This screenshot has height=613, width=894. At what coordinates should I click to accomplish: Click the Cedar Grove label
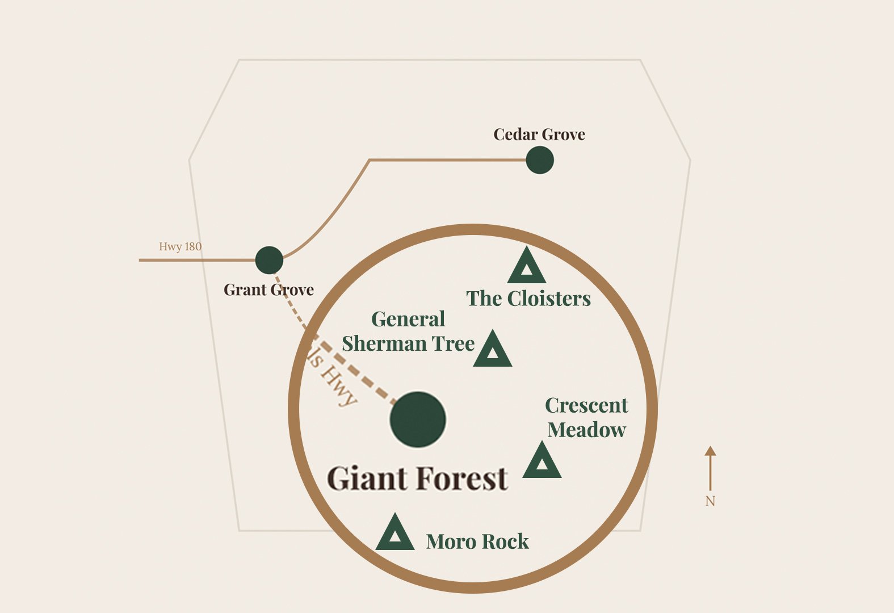[x=539, y=135]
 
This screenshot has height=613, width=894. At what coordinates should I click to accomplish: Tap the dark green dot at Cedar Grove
[x=539, y=160]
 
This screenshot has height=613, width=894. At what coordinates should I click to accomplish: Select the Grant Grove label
[x=268, y=289]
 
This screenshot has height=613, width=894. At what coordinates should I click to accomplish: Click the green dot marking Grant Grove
[x=269, y=261]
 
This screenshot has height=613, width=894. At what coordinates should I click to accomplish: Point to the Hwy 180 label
[x=180, y=246]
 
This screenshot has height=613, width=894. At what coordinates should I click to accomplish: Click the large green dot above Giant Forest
[x=418, y=419]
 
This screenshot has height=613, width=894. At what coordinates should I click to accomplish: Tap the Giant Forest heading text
[x=417, y=478]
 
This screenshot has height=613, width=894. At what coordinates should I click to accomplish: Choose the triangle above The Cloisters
[x=527, y=267]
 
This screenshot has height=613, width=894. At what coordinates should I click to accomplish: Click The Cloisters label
[x=528, y=299]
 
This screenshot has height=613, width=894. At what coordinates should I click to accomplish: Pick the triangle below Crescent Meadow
[x=542, y=462]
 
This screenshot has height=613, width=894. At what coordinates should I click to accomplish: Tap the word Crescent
[x=586, y=405]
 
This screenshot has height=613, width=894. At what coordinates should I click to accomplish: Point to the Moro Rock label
[x=477, y=541]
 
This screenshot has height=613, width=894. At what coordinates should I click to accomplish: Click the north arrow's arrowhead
[x=710, y=451]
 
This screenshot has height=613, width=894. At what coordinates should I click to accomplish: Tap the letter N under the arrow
[x=710, y=501]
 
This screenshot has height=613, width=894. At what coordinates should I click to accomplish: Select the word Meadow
[x=586, y=430]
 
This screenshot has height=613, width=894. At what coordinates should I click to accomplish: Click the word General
[x=408, y=319]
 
